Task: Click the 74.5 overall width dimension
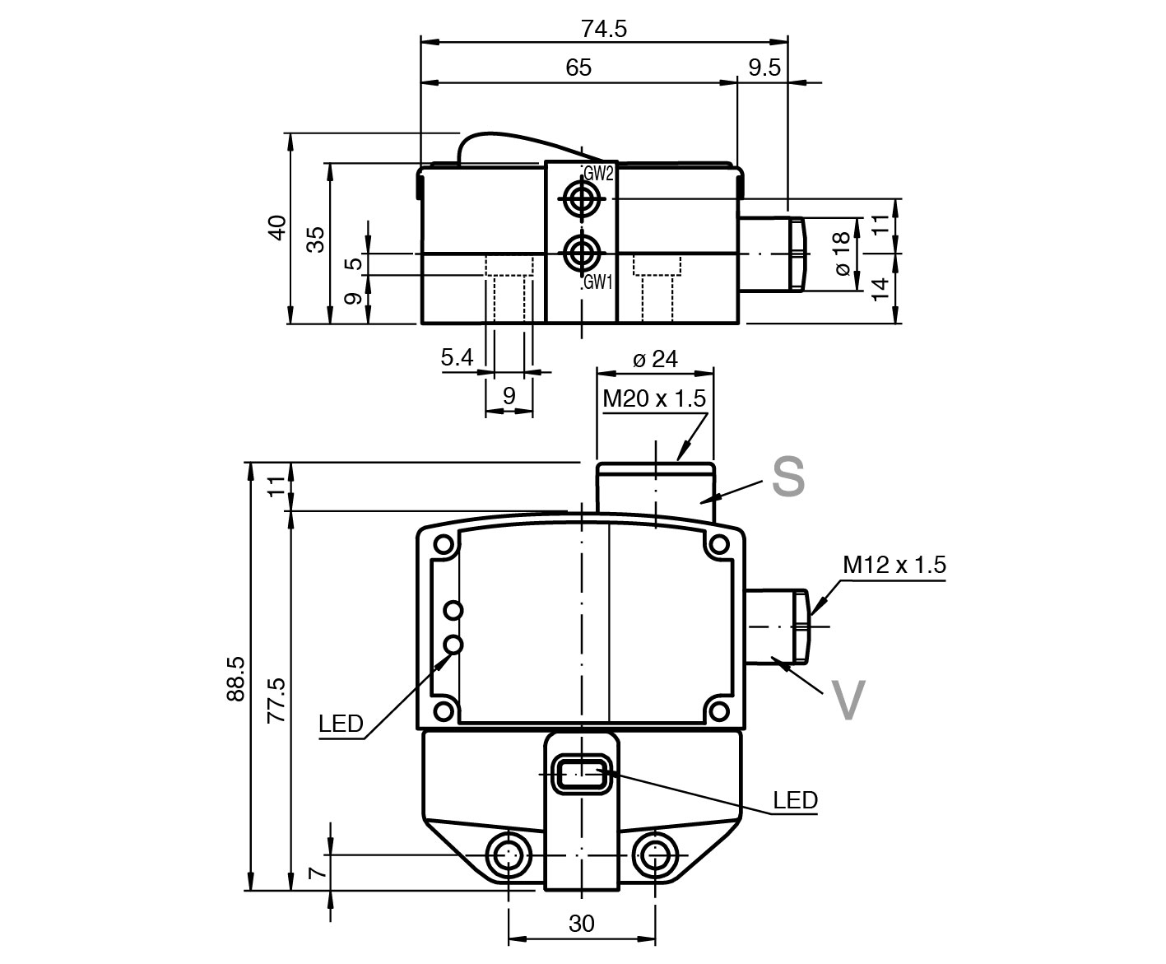604,29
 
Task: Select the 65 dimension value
578,68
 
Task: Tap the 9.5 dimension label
764,68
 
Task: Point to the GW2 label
599,174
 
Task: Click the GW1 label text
598,282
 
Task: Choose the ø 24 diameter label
655,359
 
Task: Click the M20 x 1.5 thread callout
654,398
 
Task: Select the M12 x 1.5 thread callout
894,565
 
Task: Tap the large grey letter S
788,476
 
